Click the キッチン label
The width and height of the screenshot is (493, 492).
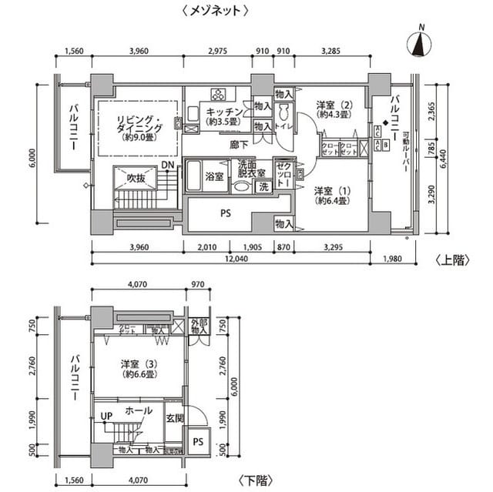click(x=221, y=111)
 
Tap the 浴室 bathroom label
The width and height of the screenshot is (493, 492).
click(x=214, y=176)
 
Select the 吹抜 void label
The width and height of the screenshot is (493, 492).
click(x=136, y=179)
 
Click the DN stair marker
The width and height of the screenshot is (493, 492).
click(x=168, y=165)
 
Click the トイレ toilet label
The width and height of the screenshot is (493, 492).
click(x=284, y=126)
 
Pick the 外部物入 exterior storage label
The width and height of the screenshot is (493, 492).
click(x=198, y=326)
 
